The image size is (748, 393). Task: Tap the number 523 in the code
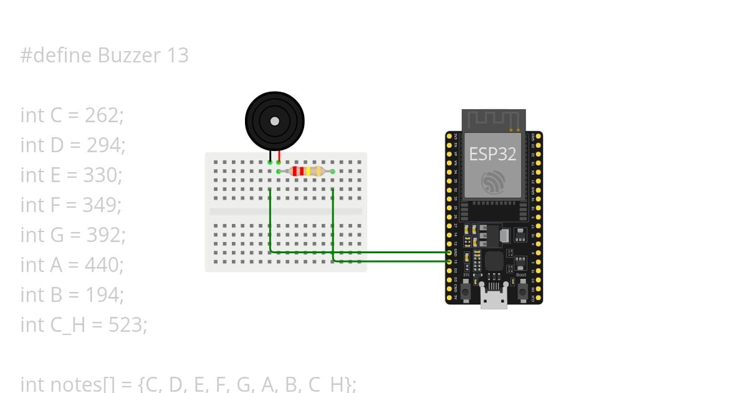[x=127, y=325]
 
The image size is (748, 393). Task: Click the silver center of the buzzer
[x=274, y=121]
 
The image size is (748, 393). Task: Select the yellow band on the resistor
[x=308, y=171]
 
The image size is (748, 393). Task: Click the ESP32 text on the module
[x=492, y=154]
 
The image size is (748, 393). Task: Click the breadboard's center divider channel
[x=285, y=211]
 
